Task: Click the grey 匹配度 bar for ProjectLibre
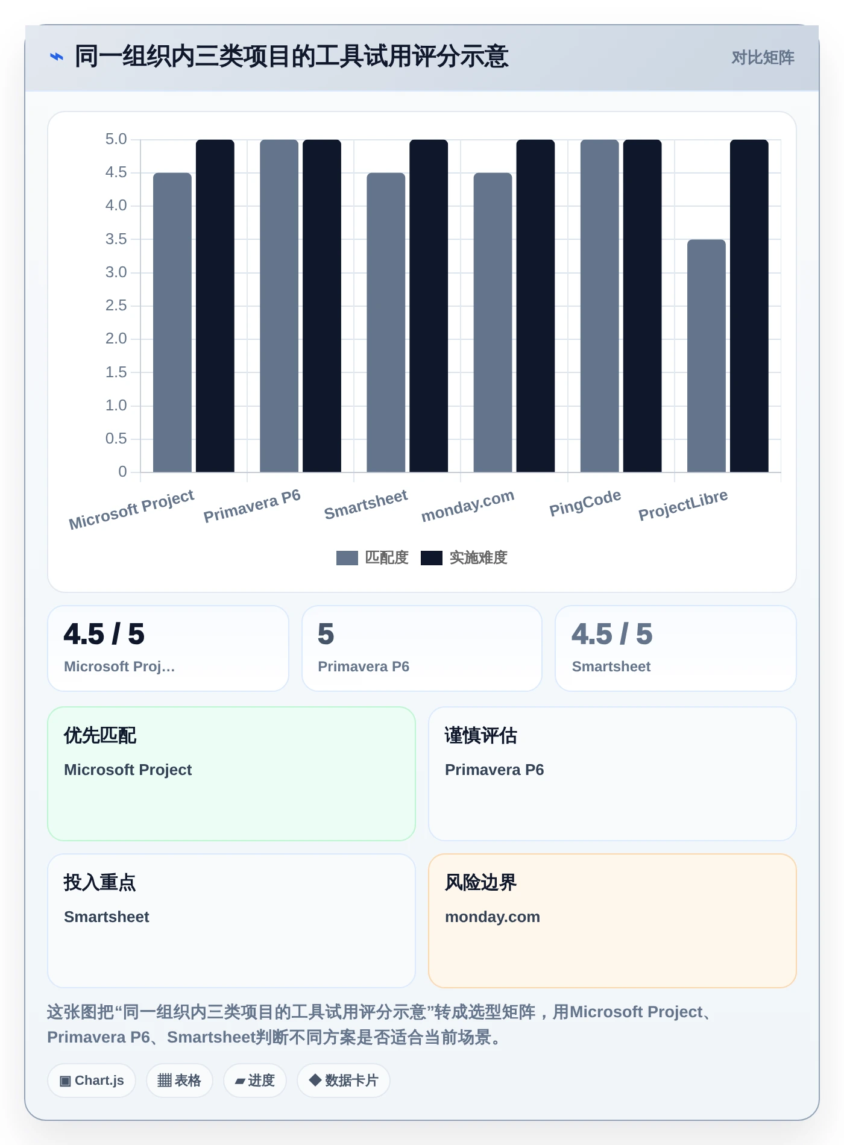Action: pos(706,356)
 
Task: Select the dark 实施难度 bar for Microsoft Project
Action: pos(215,306)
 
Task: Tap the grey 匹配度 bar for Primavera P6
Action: pos(279,306)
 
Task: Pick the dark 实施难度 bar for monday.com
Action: pos(535,306)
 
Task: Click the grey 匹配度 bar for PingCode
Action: pos(600,306)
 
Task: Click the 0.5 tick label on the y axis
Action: pos(116,439)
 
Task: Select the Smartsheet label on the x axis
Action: pos(366,504)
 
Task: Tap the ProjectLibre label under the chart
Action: pos(683,505)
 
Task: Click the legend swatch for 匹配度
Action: pos(347,558)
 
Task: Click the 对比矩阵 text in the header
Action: pos(763,58)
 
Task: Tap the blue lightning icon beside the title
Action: pos(56,57)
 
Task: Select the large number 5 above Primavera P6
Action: pos(326,634)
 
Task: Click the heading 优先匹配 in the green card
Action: pos(100,736)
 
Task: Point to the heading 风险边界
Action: pos(481,883)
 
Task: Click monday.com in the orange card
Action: pos(493,917)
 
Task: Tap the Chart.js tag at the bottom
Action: pos(92,1081)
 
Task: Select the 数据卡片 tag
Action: pos(344,1081)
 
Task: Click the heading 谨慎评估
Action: pos(481,736)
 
